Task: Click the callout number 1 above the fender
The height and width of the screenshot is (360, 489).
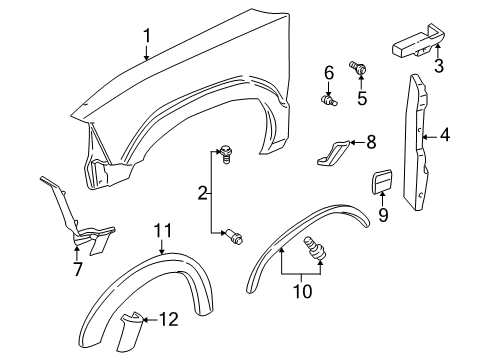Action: click(146, 37)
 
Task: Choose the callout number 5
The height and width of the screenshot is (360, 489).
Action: click(363, 98)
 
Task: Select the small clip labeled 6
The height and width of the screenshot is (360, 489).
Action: click(331, 100)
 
